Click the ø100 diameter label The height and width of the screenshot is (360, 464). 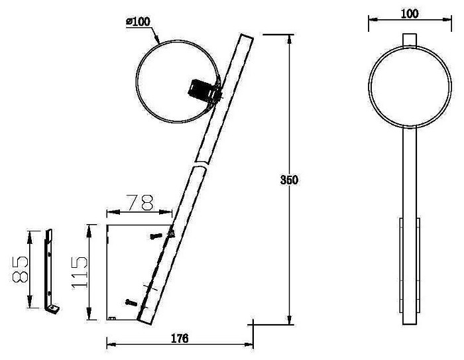[x=138, y=22]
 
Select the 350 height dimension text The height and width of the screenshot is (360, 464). [x=289, y=180]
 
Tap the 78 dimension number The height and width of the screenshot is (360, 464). [x=141, y=202]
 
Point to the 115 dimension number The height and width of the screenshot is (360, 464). [x=80, y=272]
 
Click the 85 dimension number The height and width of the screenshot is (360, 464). [x=21, y=269]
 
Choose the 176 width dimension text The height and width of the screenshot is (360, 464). [x=180, y=338]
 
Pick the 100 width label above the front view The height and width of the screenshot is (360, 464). [x=410, y=14]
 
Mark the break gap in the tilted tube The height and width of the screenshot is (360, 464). [x=200, y=164]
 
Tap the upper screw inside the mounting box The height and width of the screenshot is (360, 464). [x=156, y=236]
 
